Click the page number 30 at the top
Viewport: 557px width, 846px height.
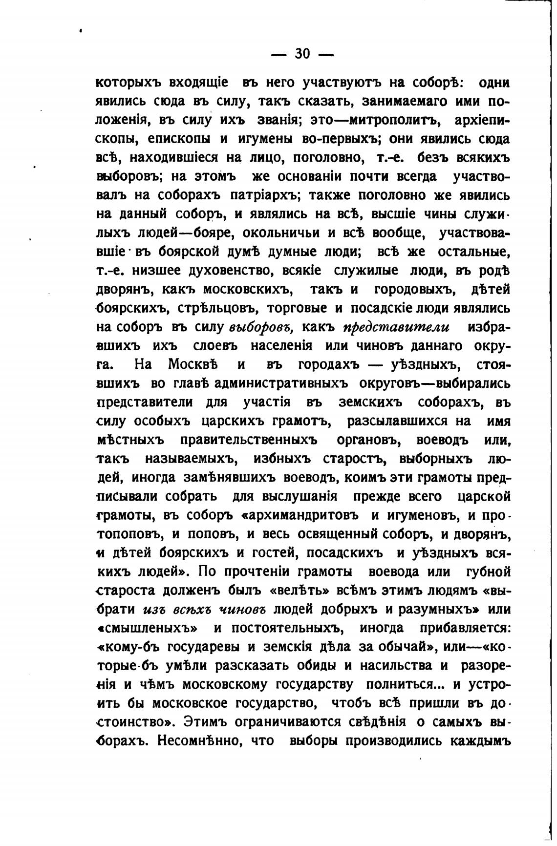[x=302, y=54]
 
